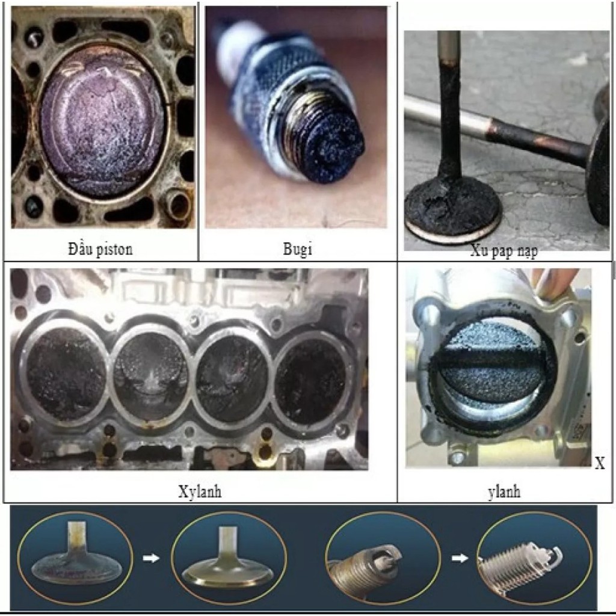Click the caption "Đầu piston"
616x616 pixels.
(100, 249)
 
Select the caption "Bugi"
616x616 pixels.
(297, 249)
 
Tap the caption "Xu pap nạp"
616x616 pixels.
(504, 251)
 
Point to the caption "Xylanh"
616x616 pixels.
(200, 491)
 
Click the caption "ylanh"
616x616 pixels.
(504, 492)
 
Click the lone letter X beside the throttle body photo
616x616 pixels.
(600, 464)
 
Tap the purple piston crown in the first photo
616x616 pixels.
(102, 121)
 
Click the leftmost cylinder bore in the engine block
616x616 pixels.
(66, 372)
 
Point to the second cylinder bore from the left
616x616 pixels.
(151, 373)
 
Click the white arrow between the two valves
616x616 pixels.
(151, 558)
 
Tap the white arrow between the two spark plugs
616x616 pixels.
(460, 558)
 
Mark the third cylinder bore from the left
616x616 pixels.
(232, 378)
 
